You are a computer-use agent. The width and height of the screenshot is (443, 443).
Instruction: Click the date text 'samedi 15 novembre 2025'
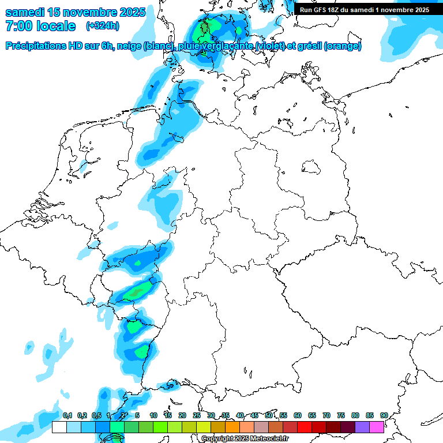point(75,12)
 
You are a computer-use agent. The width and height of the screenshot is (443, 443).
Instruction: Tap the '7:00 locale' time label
point(40,26)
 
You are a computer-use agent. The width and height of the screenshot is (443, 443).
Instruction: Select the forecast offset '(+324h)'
point(102,26)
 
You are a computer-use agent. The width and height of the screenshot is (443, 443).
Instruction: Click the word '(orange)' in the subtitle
point(343,46)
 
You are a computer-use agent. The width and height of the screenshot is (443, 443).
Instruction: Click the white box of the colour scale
point(59,427)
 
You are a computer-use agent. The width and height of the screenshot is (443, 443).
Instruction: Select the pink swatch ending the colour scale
point(377,427)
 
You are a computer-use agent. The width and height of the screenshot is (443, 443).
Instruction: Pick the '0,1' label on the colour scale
point(67,416)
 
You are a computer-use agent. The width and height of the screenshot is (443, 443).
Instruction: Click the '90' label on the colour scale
point(384,416)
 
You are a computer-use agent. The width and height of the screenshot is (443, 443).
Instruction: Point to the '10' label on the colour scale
point(153,416)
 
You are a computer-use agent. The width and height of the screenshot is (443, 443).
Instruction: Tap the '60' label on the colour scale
point(298,416)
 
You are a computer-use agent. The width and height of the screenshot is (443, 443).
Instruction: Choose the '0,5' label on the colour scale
point(96,416)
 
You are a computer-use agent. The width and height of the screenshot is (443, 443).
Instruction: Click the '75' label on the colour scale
point(341,416)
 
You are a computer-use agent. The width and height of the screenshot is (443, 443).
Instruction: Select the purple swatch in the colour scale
point(362,427)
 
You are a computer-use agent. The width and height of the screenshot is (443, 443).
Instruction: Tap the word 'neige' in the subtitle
point(129,46)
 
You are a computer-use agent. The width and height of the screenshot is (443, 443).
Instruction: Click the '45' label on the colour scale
point(254,416)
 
